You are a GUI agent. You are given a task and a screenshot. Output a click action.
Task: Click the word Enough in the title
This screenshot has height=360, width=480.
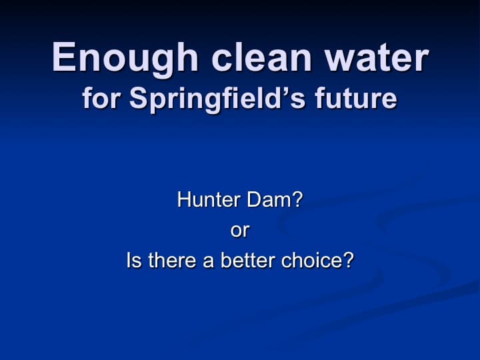(x=125, y=59)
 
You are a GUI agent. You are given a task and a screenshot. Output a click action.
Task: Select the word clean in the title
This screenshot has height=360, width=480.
(x=261, y=57)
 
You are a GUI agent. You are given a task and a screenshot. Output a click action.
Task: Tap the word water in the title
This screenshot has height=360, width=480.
(x=377, y=58)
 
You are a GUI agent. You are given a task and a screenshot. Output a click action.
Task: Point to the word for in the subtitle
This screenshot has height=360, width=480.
(x=101, y=97)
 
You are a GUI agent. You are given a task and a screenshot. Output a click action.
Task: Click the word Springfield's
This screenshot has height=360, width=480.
(x=217, y=100)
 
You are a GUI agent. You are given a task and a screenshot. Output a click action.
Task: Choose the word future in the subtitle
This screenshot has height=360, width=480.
(x=356, y=98)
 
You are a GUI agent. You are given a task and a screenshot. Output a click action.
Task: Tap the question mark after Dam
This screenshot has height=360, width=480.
(x=295, y=199)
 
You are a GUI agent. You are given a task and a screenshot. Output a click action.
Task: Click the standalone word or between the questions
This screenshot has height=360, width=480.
(x=240, y=231)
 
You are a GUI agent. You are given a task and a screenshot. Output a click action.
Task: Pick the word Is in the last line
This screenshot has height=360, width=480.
(x=134, y=260)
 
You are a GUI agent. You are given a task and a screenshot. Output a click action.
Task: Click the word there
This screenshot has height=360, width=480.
(x=173, y=260)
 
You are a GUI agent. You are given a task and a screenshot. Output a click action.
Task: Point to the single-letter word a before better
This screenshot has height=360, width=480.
(x=208, y=262)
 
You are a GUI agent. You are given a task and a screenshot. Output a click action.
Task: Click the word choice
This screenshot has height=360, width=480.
(x=309, y=260)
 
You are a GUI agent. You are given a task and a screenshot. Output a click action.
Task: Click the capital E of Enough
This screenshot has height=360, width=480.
(x=64, y=57)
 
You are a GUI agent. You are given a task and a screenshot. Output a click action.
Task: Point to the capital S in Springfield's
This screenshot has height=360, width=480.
(x=139, y=97)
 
